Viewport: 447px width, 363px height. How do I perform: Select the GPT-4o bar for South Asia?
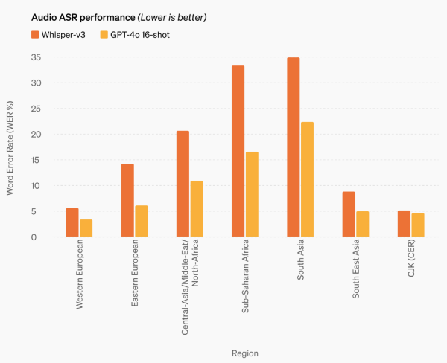(307, 179)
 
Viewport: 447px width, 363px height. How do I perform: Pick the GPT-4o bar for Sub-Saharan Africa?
(252, 194)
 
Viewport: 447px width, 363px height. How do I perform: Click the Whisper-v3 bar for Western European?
(72, 222)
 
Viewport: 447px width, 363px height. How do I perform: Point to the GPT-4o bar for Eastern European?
(142, 221)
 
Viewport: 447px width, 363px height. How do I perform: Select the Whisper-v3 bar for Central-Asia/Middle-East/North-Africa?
(183, 184)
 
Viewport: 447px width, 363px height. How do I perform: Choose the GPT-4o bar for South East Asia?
(362, 224)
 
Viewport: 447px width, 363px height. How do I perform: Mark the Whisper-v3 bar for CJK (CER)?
(404, 224)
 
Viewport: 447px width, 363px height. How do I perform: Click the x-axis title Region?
(244, 353)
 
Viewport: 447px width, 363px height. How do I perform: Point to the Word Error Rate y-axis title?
(10, 147)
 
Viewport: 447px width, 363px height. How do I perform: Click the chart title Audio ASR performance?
(77, 16)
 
